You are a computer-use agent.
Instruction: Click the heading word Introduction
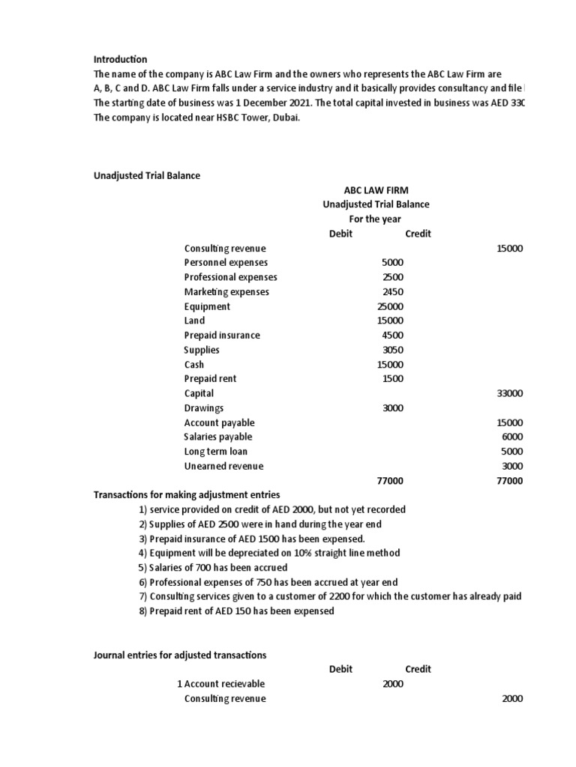pyautogui.click(x=120, y=59)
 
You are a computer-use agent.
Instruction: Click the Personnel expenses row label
pyautogui.click(x=226, y=263)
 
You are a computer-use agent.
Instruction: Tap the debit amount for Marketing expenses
pyautogui.click(x=392, y=292)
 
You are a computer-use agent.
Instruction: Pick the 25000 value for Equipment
pyautogui.click(x=390, y=306)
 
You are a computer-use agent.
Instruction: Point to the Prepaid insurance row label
pyautogui.click(x=222, y=336)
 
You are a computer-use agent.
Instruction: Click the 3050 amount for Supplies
pyautogui.click(x=392, y=350)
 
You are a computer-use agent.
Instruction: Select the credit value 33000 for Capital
pyautogui.click(x=510, y=393)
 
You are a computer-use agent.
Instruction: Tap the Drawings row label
pyautogui.click(x=204, y=408)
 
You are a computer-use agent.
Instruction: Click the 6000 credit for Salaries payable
pyautogui.click(x=512, y=437)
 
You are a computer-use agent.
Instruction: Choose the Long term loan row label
pyautogui.click(x=215, y=452)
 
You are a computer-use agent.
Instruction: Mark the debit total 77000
pyautogui.click(x=390, y=481)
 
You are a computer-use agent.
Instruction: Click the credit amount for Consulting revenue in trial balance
pyautogui.click(x=510, y=249)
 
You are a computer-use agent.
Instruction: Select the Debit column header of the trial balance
pyautogui.click(x=340, y=234)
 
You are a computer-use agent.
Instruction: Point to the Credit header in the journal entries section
pyautogui.click(x=418, y=669)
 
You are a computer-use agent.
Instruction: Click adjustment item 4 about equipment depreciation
pyautogui.click(x=269, y=553)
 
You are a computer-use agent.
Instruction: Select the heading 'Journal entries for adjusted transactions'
pyautogui.click(x=179, y=655)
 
